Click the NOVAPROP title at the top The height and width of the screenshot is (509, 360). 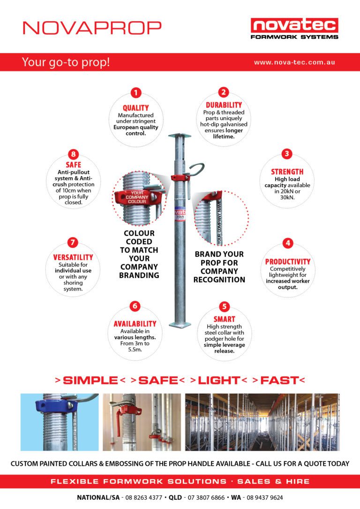(92, 27)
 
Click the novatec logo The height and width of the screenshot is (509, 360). (294, 28)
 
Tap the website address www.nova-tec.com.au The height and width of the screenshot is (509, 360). (294, 62)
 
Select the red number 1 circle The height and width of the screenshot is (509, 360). (135, 93)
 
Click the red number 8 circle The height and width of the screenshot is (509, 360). (73, 154)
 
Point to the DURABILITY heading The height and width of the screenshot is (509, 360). (224, 105)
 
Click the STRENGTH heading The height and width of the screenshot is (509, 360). (287, 172)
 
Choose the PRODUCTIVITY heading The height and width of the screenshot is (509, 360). (288, 262)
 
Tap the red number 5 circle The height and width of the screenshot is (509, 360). (224, 307)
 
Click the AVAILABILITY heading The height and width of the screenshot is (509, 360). (135, 324)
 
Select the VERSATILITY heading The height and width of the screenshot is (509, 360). (73, 257)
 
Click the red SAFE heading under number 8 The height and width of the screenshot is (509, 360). (73, 165)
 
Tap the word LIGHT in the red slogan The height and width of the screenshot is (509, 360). (218, 381)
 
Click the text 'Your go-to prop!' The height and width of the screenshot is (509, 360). (66, 62)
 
